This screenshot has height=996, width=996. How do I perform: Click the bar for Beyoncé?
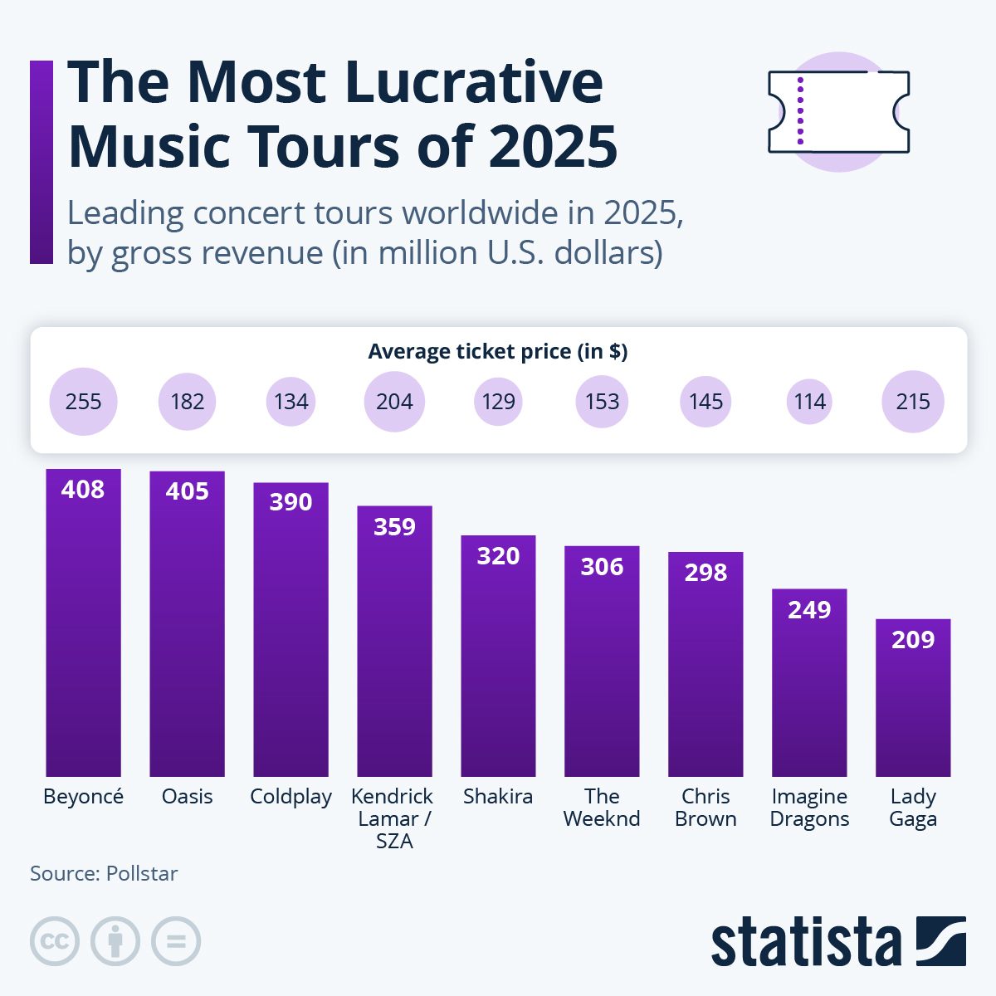[x=83, y=622]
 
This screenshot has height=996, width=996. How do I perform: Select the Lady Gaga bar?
[x=913, y=697]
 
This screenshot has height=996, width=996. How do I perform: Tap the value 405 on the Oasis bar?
[x=187, y=491]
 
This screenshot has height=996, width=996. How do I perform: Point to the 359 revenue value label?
[x=394, y=527]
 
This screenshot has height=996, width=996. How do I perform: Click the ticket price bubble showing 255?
[x=83, y=402]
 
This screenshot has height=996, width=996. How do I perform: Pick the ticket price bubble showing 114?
[x=809, y=402]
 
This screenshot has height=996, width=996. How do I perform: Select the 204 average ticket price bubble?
[x=394, y=402]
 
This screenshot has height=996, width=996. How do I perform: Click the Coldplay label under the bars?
[x=290, y=797]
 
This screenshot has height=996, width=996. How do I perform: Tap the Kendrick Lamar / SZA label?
[x=393, y=818]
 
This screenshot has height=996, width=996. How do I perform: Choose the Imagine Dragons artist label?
[x=809, y=808]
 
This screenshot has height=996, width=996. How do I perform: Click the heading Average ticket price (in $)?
[x=498, y=352]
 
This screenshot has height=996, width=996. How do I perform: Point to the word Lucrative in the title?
[x=473, y=83]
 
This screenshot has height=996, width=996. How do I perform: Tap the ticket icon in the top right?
[x=838, y=112]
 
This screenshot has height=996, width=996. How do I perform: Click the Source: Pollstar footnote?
[x=104, y=874]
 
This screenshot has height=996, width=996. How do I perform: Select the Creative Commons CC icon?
[x=55, y=941]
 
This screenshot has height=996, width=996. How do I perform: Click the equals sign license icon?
[x=176, y=941]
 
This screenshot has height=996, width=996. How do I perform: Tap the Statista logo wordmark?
[x=805, y=942]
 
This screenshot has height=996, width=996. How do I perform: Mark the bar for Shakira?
[x=498, y=656]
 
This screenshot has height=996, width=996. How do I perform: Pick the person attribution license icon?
[x=115, y=941]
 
